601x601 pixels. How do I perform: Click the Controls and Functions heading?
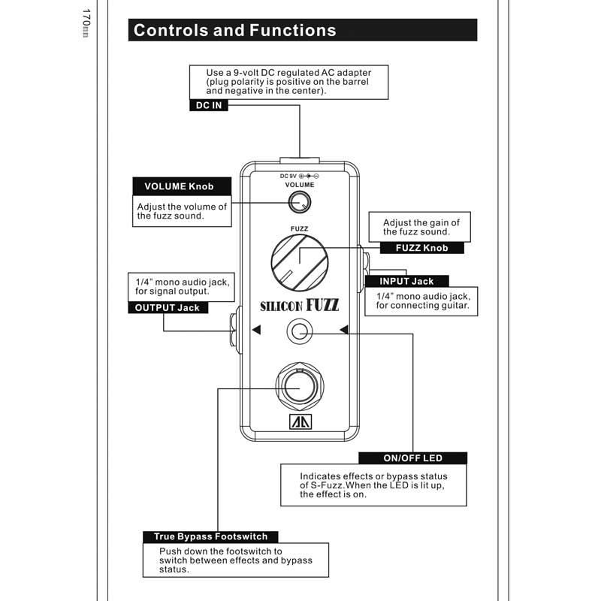point(234,31)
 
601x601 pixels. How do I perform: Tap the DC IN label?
point(208,106)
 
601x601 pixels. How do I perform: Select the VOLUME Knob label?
point(178,186)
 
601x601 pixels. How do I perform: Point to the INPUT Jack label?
point(406,281)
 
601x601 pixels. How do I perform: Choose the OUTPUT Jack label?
point(167,307)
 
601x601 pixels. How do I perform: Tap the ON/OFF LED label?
point(412,458)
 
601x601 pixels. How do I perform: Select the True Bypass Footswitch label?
point(210,536)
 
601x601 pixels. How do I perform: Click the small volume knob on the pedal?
point(300,201)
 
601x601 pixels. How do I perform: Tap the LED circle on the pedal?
point(300,329)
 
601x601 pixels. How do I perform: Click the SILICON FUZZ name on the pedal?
point(299,305)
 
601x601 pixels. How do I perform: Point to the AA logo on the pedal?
point(300,422)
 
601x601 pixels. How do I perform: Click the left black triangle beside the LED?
point(256,329)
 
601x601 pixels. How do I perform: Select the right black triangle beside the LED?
point(343,329)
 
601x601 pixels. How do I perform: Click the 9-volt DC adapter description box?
point(288,81)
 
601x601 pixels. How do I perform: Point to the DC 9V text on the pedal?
point(288,176)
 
